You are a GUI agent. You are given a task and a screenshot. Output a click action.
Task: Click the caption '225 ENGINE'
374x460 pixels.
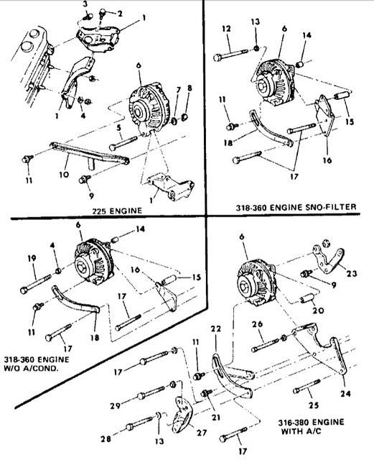[x=117, y=211]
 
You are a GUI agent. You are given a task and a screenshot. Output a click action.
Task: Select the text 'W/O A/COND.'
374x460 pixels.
[x=31, y=368]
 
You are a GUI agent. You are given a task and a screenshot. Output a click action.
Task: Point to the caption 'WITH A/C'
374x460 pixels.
[x=301, y=431]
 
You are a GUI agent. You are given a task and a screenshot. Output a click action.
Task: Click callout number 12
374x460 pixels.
[x=226, y=29]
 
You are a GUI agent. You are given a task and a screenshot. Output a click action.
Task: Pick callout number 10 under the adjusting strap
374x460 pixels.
[x=64, y=174]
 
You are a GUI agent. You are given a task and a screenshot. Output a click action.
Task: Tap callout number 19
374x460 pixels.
[x=32, y=259]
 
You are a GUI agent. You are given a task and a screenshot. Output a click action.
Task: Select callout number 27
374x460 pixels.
[x=202, y=432]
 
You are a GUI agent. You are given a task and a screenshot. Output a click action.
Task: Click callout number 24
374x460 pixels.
[x=345, y=393]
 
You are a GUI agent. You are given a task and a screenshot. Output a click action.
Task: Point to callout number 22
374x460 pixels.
[x=215, y=329]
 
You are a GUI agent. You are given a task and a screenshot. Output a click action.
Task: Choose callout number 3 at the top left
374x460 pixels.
[x=85, y=4]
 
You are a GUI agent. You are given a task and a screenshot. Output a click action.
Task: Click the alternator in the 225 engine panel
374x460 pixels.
[x=149, y=109]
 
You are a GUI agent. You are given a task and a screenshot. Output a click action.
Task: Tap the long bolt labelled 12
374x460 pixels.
[x=231, y=55]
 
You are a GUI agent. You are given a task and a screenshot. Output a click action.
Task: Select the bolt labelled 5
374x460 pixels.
[x=123, y=143]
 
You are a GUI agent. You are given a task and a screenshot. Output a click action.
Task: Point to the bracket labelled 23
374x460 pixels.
[x=327, y=260]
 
